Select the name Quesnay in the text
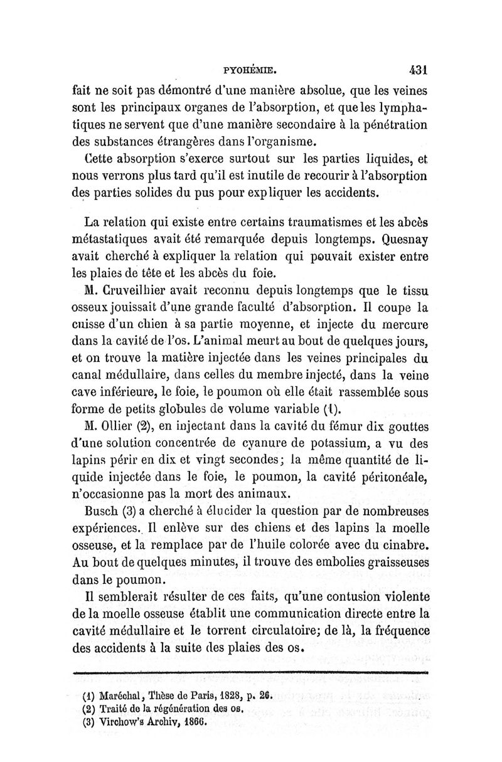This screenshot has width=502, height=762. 399,240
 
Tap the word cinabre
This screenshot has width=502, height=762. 405,546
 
